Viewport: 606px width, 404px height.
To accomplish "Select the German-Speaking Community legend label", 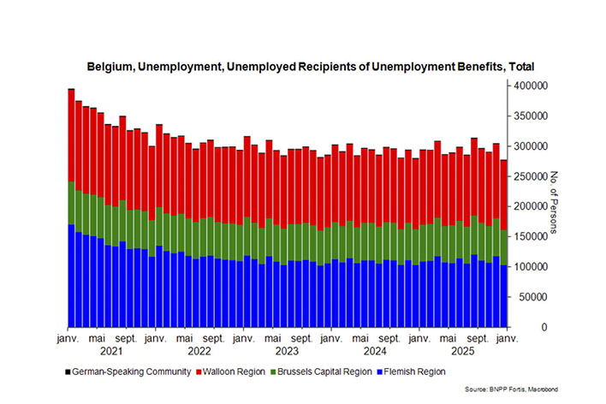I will pyautogui.click(x=129, y=371).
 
